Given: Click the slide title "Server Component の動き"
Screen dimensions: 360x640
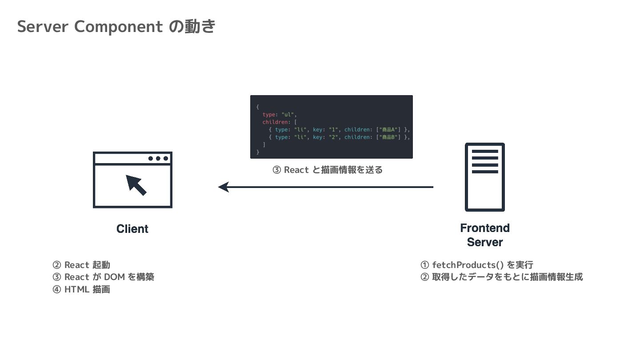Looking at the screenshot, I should [x=116, y=27].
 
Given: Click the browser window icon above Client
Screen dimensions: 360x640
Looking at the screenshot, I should [x=132, y=180].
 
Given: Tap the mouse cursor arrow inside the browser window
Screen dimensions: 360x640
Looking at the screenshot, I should [x=136, y=185].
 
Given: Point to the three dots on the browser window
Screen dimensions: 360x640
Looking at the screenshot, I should [x=158, y=158].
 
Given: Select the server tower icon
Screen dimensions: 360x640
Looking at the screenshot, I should [x=484, y=177].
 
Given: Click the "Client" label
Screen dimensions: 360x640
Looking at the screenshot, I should [x=132, y=229].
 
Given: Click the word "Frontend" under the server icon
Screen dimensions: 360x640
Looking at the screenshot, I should [x=485, y=228].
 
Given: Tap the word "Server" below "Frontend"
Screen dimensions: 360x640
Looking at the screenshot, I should [x=485, y=242].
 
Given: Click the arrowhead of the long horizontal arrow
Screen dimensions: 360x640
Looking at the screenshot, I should [x=224, y=187].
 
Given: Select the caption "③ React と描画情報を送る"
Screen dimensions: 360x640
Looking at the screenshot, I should [x=328, y=170].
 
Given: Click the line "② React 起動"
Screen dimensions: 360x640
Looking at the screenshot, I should [x=81, y=265].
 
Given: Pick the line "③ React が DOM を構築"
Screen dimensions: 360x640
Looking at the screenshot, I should [x=104, y=277].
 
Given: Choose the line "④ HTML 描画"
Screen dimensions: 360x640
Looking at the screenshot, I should [x=81, y=289].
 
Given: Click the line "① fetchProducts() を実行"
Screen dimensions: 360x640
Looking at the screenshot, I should [x=477, y=265].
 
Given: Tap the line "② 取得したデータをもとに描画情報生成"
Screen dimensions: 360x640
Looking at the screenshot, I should [x=501, y=277].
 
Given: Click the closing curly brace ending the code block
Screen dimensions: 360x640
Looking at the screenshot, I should [x=258, y=152].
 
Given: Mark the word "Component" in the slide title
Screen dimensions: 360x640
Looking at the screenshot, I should [x=119, y=27].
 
